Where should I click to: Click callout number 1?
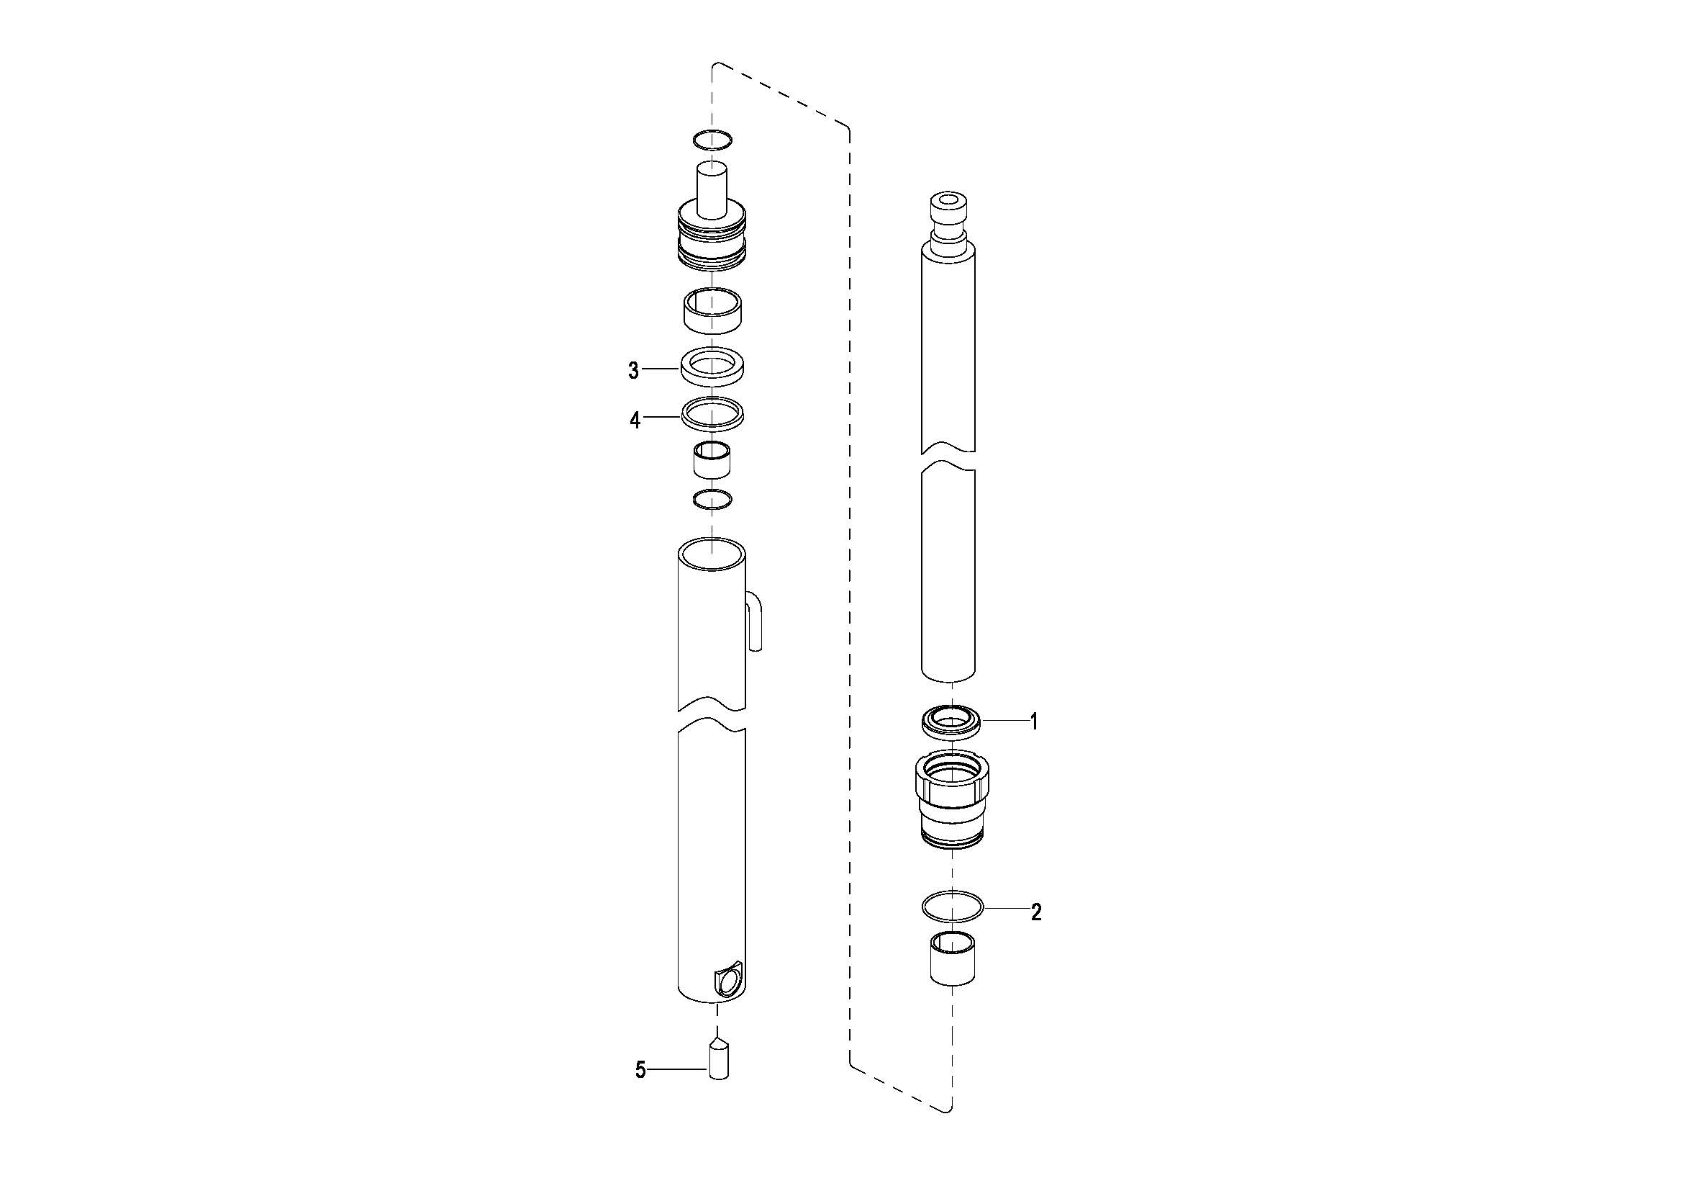[x=1034, y=722]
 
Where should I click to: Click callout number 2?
[x=1035, y=912]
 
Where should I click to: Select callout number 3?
[x=634, y=371]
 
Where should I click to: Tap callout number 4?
[x=635, y=421]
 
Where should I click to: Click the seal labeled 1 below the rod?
[x=951, y=723]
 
